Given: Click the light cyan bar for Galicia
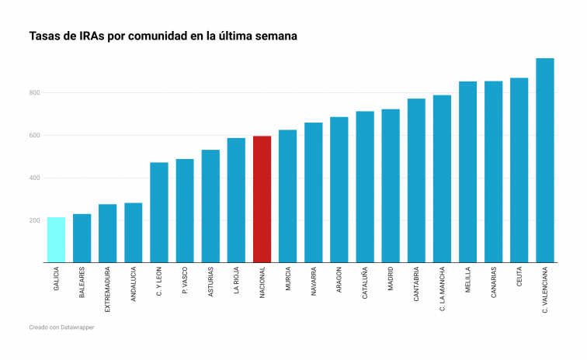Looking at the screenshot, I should (56, 240).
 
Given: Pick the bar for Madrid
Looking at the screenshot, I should (391, 186).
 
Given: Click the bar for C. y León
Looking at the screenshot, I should (159, 213).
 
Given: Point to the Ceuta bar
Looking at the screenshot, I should (519, 170).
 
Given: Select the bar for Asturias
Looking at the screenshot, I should (210, 206).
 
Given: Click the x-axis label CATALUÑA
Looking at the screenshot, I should (365, 285).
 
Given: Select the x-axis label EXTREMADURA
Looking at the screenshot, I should (107, 290).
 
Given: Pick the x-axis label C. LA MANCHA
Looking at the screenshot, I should (442, 290).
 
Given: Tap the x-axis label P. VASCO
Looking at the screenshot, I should (185, 282).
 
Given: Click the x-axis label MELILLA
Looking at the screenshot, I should (467, 282).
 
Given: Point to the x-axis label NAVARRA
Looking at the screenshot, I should (314, 283).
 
